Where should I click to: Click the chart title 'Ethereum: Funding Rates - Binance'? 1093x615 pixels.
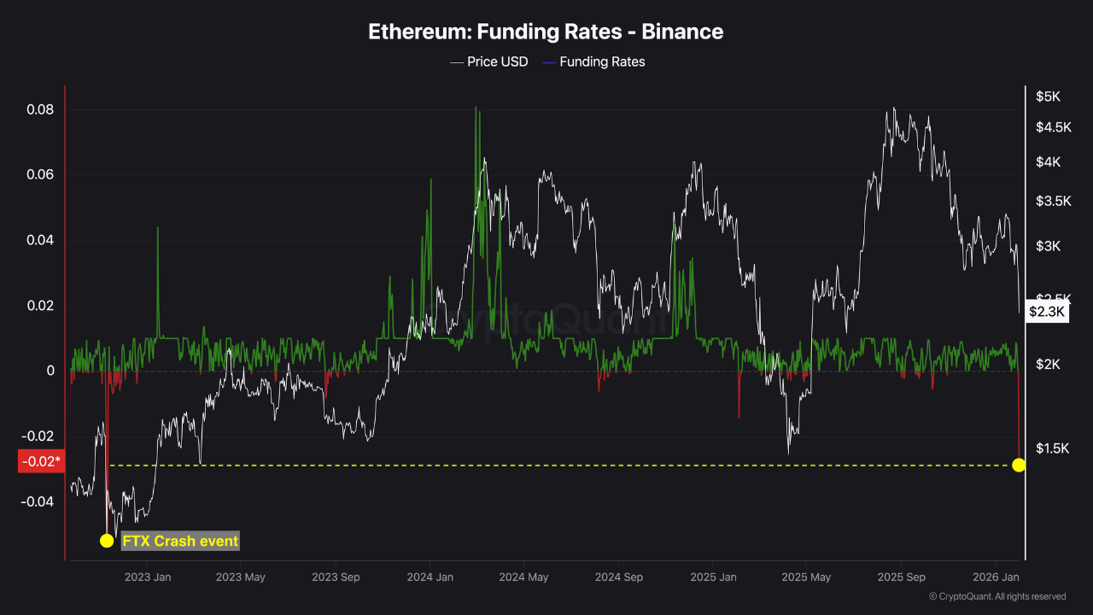(x=546, y=32)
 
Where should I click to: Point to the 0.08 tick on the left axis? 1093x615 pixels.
(x=39, y=109)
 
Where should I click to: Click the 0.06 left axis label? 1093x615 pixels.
(x=39, y=175)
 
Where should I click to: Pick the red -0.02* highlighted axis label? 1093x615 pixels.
(x=40, y=462)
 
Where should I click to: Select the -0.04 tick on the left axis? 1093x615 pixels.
(x=38, y=501)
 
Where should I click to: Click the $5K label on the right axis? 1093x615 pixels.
(x=1048, y=97)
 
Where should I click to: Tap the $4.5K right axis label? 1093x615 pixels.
(x=1053, y=127)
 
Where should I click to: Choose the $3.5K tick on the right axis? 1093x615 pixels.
(x=1053, y=202)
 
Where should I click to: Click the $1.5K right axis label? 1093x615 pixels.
(x=1053, y=448)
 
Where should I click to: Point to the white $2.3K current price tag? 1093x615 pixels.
(x=1047, y=312)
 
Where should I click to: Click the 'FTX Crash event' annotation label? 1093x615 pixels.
(x=180, y=541)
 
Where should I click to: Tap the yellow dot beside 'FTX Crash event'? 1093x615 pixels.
(x=107, y=541)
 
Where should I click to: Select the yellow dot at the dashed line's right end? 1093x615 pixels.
(x=1019, y=465)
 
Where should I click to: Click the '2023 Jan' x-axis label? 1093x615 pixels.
(x=148, y=577)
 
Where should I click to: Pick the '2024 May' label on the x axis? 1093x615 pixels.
(x=524, y=577)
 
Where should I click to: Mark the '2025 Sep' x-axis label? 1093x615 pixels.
(x=902, y=577)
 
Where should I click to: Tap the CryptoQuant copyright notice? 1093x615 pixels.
(x=997, y=596)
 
